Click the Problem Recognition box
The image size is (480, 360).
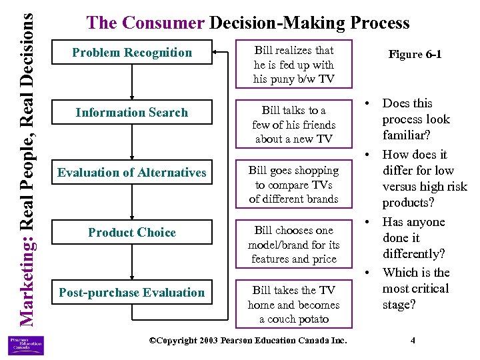pos(131,53)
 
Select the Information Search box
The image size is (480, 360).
pos(131,113)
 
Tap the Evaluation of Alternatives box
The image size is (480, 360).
pos(131,173)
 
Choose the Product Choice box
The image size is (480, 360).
pos(131,233)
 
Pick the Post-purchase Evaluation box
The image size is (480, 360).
pos(131,293)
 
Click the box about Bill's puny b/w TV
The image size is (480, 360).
pos(293,65)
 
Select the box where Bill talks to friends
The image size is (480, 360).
pos(293,125)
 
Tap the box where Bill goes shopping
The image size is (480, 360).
pos(293,185)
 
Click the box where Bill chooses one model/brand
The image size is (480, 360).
pos(293,245)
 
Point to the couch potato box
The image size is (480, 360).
pos(293,305)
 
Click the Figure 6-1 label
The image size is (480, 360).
pos(415,55)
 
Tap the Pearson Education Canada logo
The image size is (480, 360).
pos(26,345)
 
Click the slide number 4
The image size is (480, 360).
pos(413,341)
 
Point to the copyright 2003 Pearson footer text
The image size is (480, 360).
pos(248,341)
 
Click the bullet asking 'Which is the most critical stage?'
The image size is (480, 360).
pos(415,289)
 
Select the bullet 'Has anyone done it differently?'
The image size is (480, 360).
pos(413,238)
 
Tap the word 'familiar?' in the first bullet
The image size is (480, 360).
pos(407,135)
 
